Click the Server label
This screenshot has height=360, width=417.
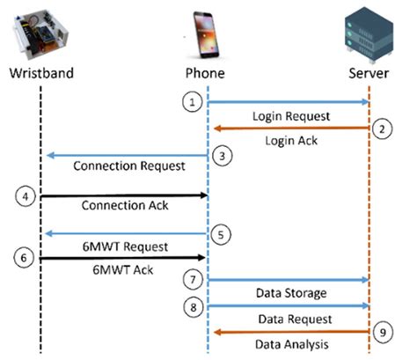click(369, 70)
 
